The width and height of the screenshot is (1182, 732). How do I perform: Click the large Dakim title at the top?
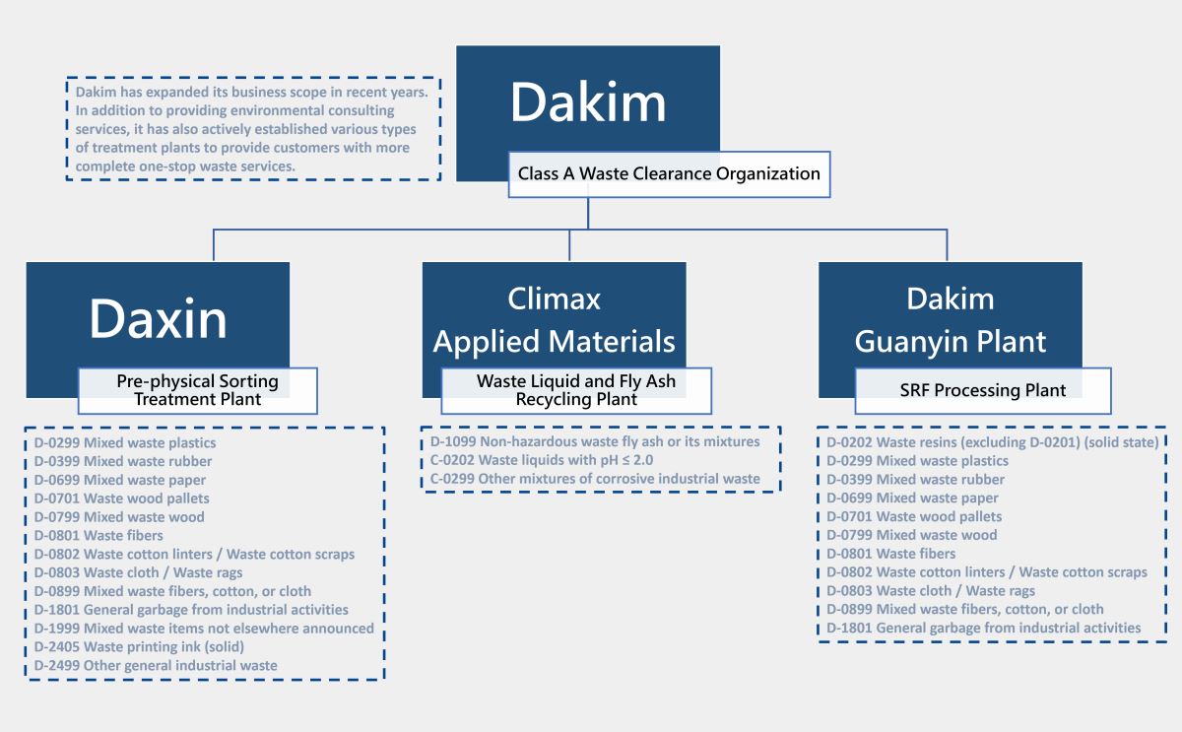(588, 102)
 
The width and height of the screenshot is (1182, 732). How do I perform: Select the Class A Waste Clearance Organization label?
(669, 174)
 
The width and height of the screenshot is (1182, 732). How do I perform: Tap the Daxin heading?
(158, 318)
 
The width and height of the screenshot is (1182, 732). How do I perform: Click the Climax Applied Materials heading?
(554, 320)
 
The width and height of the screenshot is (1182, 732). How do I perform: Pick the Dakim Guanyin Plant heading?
(951, 320)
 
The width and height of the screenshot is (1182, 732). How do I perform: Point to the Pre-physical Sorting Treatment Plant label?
(197, 390)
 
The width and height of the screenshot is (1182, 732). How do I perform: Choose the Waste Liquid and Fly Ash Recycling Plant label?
(576, 390)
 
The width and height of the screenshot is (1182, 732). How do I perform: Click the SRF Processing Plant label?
(982, 391)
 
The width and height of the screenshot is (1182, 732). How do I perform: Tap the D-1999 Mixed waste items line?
(204, 629)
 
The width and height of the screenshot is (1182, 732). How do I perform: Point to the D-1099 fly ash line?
(595, 442)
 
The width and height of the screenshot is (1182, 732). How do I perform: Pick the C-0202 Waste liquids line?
(542, 460)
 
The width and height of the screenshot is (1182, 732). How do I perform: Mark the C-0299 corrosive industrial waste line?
(595, 479)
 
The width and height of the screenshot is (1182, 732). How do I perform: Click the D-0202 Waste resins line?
(992, 442)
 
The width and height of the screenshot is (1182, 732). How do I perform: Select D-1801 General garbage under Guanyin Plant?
(983, 628)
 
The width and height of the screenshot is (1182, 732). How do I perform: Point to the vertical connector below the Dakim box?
(588, 213)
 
